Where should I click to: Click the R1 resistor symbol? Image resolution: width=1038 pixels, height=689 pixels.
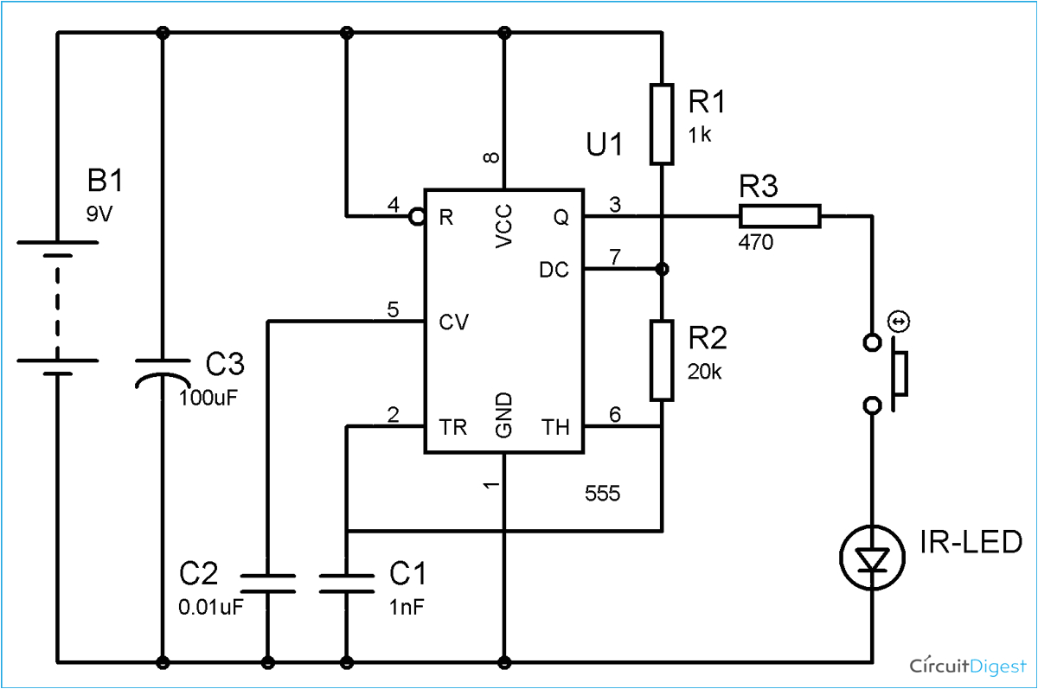pos(662,124)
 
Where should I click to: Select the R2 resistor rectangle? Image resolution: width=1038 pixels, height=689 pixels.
pos(662,360)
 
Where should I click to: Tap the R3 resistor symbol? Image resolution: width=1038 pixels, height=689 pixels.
pos(778,216)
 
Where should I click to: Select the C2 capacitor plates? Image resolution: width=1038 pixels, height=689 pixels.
pos(267,583)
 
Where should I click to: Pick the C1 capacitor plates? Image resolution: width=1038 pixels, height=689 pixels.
pos(346,583)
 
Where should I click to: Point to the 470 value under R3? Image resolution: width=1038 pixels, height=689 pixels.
pos(756,244)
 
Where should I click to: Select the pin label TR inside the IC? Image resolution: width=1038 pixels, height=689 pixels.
pos(454,426)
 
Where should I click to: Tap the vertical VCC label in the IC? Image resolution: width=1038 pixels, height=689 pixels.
pos(505,226)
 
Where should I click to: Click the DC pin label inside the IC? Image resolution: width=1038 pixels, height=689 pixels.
pos(554,270)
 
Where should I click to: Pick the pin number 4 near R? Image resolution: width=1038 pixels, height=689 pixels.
pos(393,207)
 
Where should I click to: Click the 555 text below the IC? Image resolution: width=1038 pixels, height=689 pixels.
pos(603,494)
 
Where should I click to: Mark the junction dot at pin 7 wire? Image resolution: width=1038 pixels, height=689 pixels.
pos(662,270)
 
